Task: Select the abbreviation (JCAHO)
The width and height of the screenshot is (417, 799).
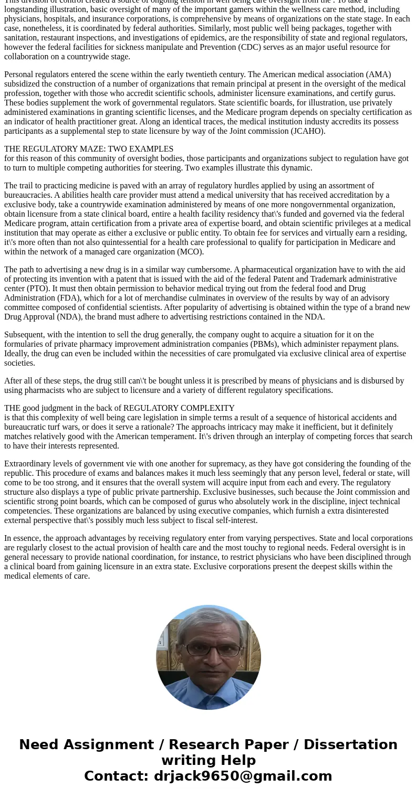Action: (x=308, y=131)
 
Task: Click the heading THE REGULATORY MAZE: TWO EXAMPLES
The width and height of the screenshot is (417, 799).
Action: (x=89, y=149)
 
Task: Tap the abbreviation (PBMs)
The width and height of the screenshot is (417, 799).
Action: (x=277, y=344)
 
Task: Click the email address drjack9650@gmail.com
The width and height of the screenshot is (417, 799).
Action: (x=243, y=776)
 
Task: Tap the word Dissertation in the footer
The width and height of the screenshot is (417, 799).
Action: (x=350, y=744)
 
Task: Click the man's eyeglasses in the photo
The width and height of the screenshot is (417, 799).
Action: (x=208, y=650)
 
